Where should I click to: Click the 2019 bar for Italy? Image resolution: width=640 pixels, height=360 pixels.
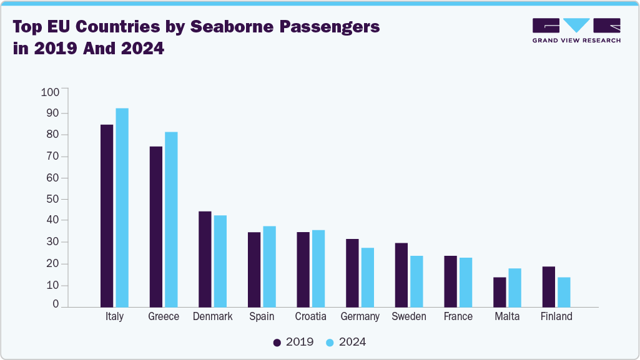(x=107, y=215)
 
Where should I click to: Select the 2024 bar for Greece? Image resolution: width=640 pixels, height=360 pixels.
(x=171, y=219)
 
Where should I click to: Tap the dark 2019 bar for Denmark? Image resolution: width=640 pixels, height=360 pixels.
(x=205, y=259)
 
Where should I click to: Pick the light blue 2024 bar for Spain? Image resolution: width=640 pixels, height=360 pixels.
(x=269, y=266)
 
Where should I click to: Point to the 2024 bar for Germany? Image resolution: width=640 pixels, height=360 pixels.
(x=367, y=277)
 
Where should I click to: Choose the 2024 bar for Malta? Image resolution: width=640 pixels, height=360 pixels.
(x=514, y=288)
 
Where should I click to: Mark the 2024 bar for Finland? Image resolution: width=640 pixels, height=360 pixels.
(x=564, y=292)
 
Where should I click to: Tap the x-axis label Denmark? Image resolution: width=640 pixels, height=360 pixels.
(x=212, y=316)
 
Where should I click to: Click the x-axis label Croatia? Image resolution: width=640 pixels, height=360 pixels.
(x=310, y=316)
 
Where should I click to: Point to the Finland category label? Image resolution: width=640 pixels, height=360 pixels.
(x=556, y=316)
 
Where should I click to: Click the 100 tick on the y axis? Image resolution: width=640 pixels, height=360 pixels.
(x=50, y=92)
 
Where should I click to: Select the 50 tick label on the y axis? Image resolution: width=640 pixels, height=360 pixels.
(x=52, y=199)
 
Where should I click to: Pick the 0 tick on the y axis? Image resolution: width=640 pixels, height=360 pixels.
(x=56, y=304)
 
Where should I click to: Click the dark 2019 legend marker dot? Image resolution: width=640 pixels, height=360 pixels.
(x=277, y=342)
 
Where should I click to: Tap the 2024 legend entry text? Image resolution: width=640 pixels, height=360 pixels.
(x=352, y=342)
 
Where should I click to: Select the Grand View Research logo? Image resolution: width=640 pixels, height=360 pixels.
(x=576, y=30)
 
